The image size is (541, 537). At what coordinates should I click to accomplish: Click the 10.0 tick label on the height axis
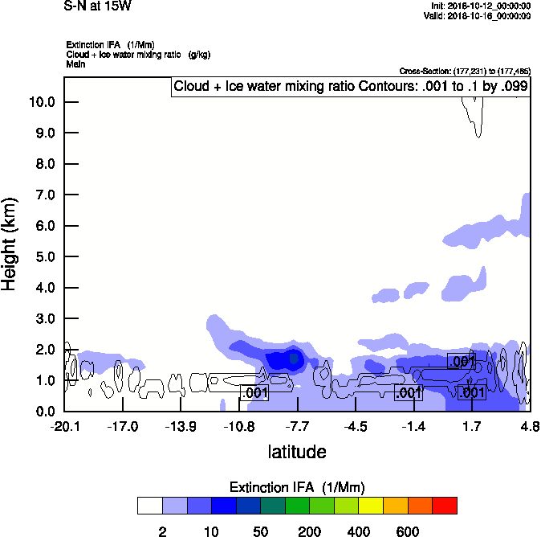pyautogui.click(x=41, y=102)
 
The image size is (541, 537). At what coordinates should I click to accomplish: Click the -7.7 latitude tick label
pyautogui.click(x=297, y=426)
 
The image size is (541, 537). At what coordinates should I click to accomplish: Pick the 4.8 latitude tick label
pyautogui.click(x=529, y=426)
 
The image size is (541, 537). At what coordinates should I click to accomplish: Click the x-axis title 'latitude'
pyautogui.click(x=297, y=452)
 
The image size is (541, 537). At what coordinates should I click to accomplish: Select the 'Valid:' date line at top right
pyautogui.click(x=477, y=15)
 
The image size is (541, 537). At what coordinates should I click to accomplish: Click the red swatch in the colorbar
pyautogui.click(x=445, y=505)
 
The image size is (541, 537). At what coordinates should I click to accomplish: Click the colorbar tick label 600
pyautogui.click(x=408, y=531)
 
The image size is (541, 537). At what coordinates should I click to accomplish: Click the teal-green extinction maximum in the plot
pyautogui.click(x=295, y=358)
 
